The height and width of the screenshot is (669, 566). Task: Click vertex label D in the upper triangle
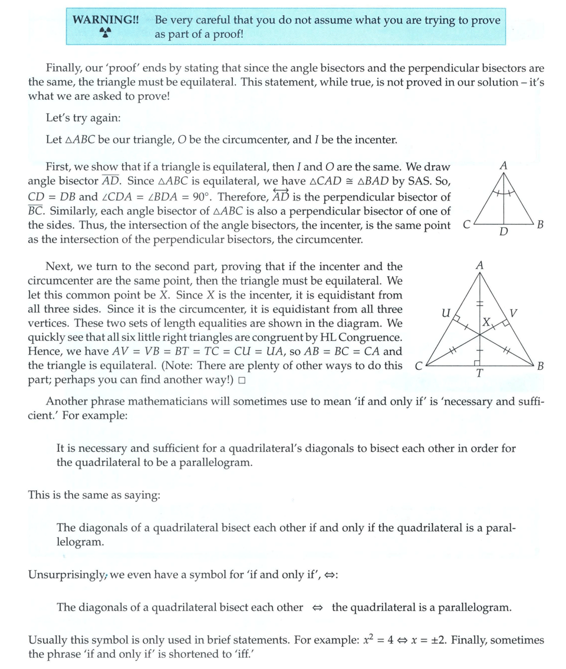coord(503,231)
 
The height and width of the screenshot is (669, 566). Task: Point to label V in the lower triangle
coord(513,313)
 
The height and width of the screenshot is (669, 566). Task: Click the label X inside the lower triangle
coord(486,322)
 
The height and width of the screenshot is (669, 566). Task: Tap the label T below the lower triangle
coord(480,373)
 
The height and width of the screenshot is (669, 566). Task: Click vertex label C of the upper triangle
coord(466,225)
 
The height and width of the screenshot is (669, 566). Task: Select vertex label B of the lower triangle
coord(540,366)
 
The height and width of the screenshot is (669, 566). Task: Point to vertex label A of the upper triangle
coord(503,166)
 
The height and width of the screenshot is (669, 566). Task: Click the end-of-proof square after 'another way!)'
coord(242,381)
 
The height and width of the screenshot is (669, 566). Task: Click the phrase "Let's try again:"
coord(83,118)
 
